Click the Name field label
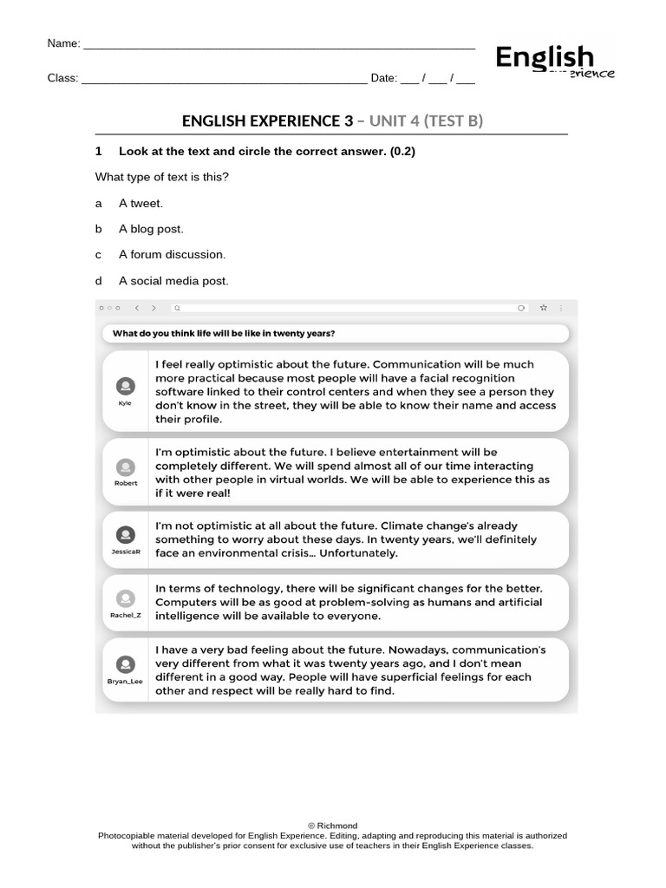(x=63, y=43)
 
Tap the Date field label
(x=382, y=78)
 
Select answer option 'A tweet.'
(x=140, y=203)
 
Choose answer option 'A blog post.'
(x=151, y=229)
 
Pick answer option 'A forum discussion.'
(x=172, y=255)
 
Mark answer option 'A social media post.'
(x=173, y=281)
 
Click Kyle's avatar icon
(x=126, y=386)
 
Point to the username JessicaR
(x=126, y=551)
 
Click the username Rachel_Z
(x=126, y=614)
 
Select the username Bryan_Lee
(x=126, y=682)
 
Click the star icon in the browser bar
(x=544, y=307)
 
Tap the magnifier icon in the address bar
(x=177, y=307)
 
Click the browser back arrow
(x=137, y=307)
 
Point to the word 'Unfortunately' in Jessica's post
(x=356, y=553)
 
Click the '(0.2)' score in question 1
(x=402, y=151)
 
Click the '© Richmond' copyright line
(x=332, y=826)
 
